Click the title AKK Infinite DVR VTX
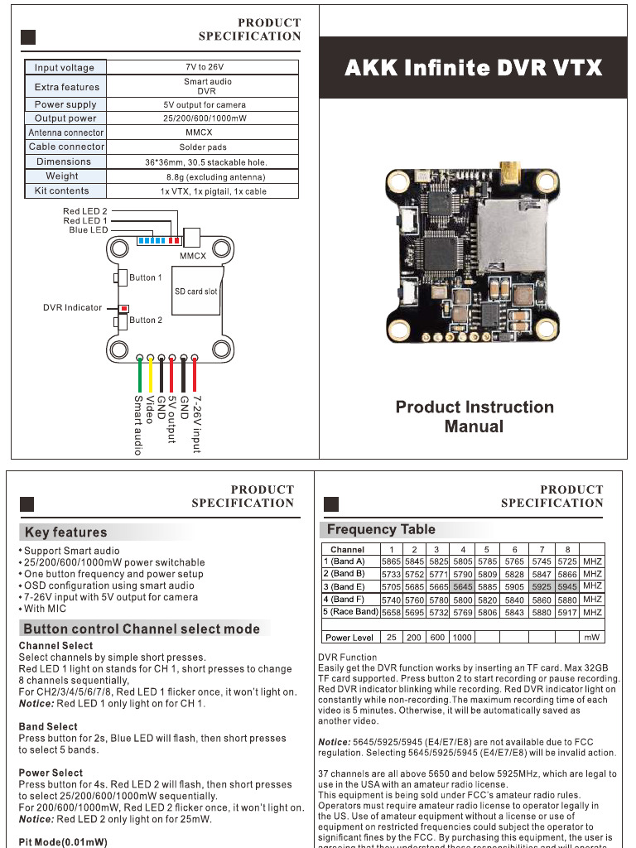(x=473, y=68)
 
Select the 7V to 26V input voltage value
(x=204, y=67)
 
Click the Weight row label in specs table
(x=63, y=176)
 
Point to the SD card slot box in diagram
(x=196, y=291)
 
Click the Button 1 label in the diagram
(x=146, y=277)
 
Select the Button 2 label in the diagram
(x=146, y=320)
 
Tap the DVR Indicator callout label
(x=73, y=307)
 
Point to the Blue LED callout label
(x=89, y=230)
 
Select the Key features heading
(x=65, y=532)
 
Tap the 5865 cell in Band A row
(x=391, y=561)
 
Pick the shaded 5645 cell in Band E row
(x=463, y=586)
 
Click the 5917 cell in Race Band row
(x=567, y=612)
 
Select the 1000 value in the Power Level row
(x=463, y=638)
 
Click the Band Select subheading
(x=48, y=726)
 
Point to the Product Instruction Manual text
(x=474, y=417)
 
